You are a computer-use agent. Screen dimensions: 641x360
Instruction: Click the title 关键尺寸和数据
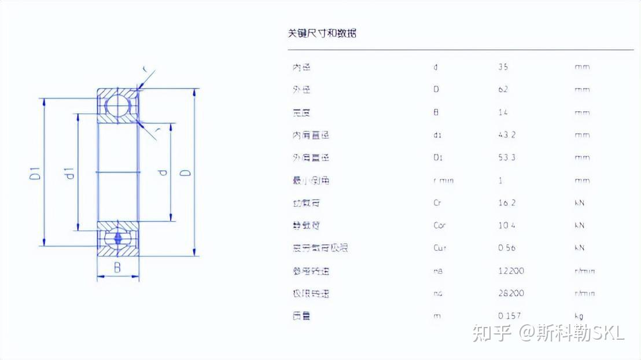(x=322, y=33)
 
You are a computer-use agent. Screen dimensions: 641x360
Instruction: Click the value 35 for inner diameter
(x=503, y=67)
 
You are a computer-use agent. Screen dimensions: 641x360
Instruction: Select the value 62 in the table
(x=503, y=90)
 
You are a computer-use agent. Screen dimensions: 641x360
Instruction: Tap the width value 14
(x=503, y=112)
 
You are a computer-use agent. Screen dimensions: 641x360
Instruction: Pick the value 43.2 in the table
(x=506, y=135)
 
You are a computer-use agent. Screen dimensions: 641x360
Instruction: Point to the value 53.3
(x=506, y=157)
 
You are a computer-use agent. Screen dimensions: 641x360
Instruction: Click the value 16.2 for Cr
(x=506, y=203)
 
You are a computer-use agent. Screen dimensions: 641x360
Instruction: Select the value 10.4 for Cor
(x=506, y=226)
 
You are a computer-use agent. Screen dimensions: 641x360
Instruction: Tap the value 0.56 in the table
(x=506, y=248)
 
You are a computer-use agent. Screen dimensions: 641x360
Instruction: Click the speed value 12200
(x=511, y=271)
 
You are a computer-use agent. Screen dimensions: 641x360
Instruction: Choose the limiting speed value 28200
(x=511, y=293)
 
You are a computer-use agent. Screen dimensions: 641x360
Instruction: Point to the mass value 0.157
(x=509, y=316)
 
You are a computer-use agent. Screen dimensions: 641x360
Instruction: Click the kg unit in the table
(x=579, y=316)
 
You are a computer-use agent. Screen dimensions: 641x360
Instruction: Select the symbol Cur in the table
(x=440, y=248)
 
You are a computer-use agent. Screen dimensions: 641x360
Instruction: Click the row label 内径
(x=301, y=67)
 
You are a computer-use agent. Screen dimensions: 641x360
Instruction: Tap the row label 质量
(x=301, y=316)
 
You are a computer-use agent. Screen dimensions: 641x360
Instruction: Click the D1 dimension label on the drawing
(x=35, y=172)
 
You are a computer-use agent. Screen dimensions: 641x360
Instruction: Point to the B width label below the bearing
(x=117, y=267)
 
